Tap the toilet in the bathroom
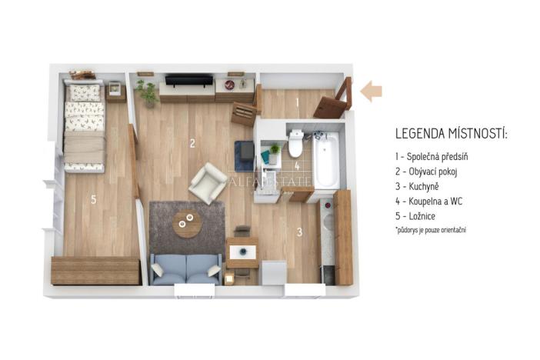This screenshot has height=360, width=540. click(295, 142)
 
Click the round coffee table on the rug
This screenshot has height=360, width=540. click(186, 223)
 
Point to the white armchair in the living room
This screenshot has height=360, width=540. click(208, 183)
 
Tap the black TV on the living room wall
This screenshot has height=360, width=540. click(189, 80)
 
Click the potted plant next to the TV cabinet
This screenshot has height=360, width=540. click(145, 92)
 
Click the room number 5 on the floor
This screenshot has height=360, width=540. click(93, 200)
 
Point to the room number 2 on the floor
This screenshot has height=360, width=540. click(192, 143)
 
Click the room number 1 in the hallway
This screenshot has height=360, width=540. click(296, 102)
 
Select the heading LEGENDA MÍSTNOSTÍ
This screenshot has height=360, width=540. click(451, 135)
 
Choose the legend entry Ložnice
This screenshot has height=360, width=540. click(420, 216)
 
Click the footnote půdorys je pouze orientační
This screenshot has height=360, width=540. click(431, 230)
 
